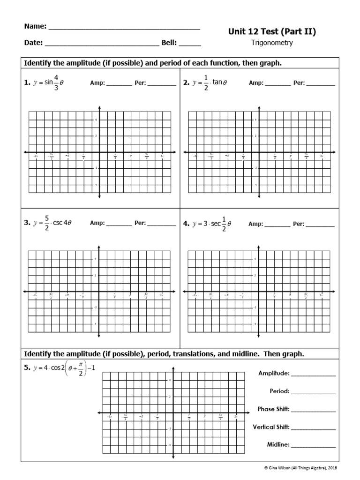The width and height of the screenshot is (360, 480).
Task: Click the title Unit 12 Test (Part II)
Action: tap(272, 32)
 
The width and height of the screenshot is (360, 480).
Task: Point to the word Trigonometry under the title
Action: tap(272, 43)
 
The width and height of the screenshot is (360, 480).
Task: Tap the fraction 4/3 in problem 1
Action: tap(56, 82)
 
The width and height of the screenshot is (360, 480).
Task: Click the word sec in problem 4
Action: tap(217, 224)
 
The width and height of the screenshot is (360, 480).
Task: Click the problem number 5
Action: tap(27, 368)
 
